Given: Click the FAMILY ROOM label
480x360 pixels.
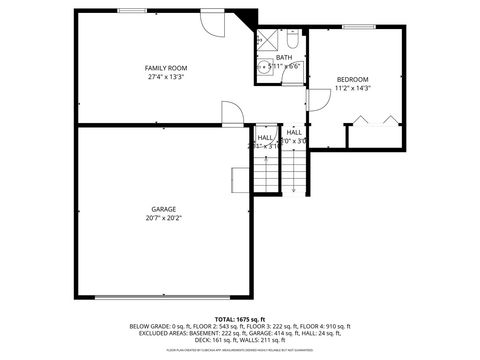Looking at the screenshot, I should (167, 68).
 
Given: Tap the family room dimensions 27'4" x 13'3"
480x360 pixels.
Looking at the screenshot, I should (167, 77).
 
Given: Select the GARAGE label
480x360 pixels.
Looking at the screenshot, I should (165, 208).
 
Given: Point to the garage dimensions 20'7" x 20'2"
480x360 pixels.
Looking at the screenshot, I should (165, 217).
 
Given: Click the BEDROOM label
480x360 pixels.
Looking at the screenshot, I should (352, 79).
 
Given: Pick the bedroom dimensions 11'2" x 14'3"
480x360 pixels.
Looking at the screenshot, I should (352, 88).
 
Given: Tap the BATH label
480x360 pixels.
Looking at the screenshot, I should (284, 57).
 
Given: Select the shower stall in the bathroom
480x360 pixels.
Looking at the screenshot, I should (267, 40).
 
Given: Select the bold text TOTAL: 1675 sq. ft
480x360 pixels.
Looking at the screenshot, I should (239, 317).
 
